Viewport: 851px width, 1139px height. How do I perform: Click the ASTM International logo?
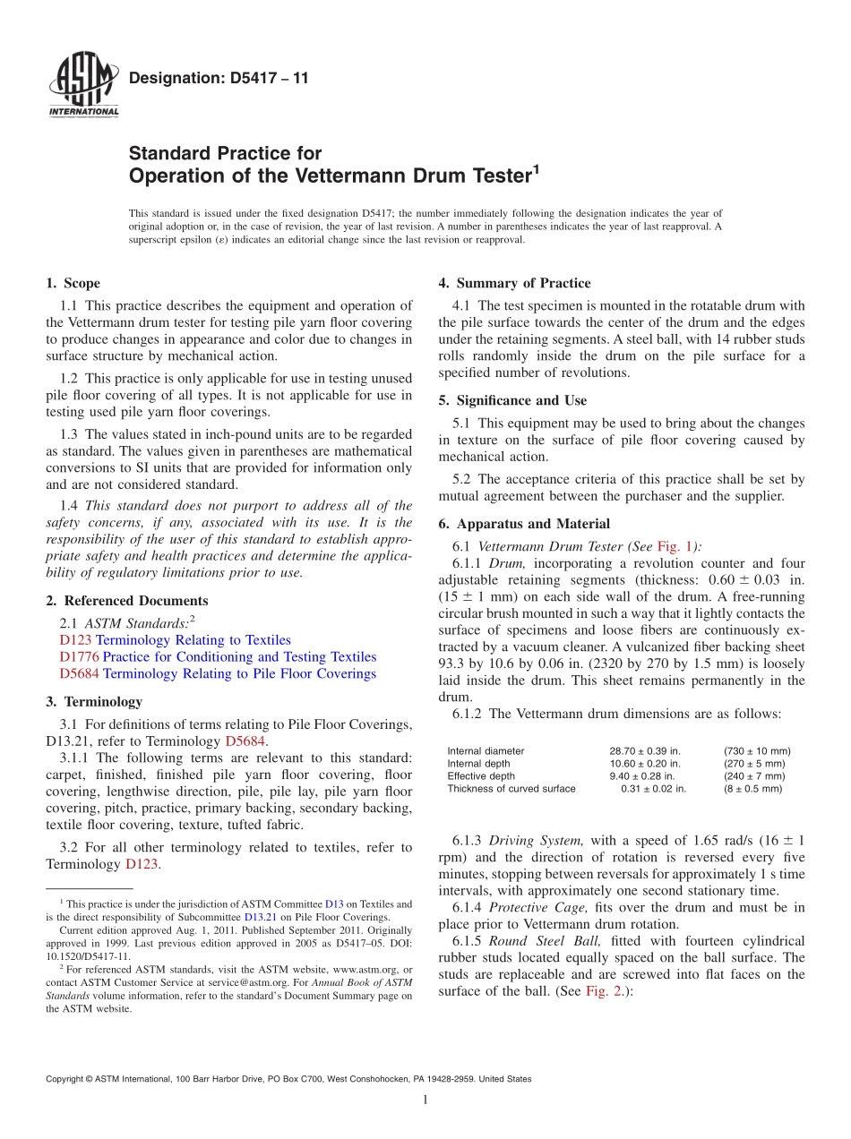click(x=82, y=85)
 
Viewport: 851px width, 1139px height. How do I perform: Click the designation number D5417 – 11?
click(x=219, y=79)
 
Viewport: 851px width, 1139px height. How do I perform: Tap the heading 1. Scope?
click(x=73, y=284)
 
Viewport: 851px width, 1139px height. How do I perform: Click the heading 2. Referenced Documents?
click(x=126, y=601)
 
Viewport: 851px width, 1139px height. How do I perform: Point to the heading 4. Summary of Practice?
click(x=514, y=284)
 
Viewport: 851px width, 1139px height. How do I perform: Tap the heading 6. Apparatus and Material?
click(x=524, y=524)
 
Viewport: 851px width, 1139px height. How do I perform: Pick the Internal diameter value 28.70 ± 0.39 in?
click(x=645, y=751)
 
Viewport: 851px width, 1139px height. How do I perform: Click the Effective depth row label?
click(x=481, y=776)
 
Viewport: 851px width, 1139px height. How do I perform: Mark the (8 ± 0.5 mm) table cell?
click(x=752, y=789)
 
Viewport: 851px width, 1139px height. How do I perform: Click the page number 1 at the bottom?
click(x=425, y=1100)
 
